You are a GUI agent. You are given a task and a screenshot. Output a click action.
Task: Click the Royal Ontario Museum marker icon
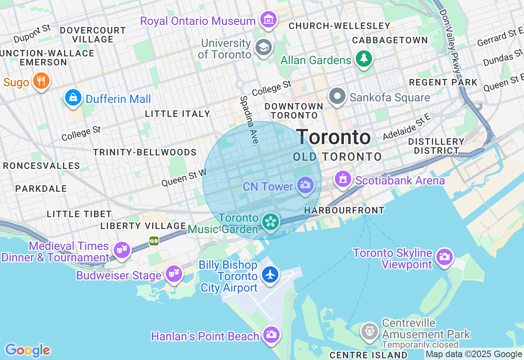[x=268, y=20]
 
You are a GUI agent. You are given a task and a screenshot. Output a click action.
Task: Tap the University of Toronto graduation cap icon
[x=264, y=47]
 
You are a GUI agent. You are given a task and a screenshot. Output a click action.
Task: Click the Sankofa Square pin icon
[x=337, y=97]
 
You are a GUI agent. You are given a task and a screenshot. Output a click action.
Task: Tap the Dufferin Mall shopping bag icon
[x=73, y=97]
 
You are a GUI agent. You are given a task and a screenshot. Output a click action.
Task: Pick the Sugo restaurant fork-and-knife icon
[x=41, y=81]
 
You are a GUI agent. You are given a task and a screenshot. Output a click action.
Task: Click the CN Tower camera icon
[x=305, y=185]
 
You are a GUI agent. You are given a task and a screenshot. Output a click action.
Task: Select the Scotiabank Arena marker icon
[x=343, y=179]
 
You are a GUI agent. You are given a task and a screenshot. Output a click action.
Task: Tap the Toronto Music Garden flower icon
[x=271, y=222]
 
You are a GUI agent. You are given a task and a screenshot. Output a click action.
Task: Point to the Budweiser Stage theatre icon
[x=174, y=274]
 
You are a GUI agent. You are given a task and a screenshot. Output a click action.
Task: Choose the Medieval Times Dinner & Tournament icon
[x=122, y=250]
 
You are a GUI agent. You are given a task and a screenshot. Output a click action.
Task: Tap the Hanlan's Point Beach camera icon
[x=271, y=335]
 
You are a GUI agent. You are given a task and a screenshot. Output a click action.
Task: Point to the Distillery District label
[x=436, y=146]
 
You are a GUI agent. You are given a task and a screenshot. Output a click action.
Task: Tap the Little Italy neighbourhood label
[x=177, y=114]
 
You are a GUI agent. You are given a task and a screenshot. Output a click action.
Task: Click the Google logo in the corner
[x=27, y=351]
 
